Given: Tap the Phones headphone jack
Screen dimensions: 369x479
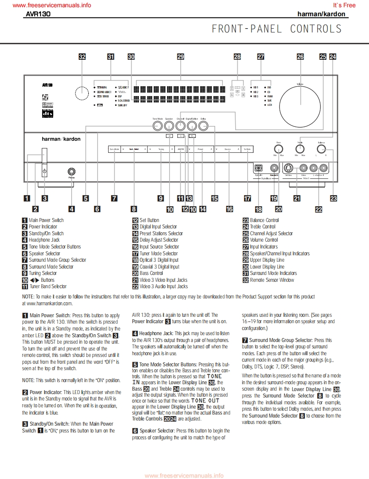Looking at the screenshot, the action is point(72,171).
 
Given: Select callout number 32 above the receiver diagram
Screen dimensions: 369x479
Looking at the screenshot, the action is point(82,56).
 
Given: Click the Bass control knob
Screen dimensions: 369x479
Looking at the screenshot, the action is point(278,149).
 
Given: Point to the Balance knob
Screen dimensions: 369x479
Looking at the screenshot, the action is point(321,149).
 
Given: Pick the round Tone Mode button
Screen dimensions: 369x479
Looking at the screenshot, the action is point(157,126).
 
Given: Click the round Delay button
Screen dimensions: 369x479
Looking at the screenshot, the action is point(203,126).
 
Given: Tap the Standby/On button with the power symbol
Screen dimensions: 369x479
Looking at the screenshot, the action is point(44,171).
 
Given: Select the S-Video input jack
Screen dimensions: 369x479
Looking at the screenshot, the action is point(288,168).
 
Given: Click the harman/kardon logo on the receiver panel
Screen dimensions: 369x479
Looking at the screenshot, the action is point(61,139).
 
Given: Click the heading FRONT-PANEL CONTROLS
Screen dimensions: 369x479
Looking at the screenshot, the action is point(277,29).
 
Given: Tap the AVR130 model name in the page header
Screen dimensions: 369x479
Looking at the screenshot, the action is point(38,14).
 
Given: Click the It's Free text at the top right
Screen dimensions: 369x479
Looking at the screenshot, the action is point(344,5).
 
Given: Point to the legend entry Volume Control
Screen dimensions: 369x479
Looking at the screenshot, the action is point(264,240).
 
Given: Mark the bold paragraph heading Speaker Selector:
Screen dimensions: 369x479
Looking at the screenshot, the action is point(157,431).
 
